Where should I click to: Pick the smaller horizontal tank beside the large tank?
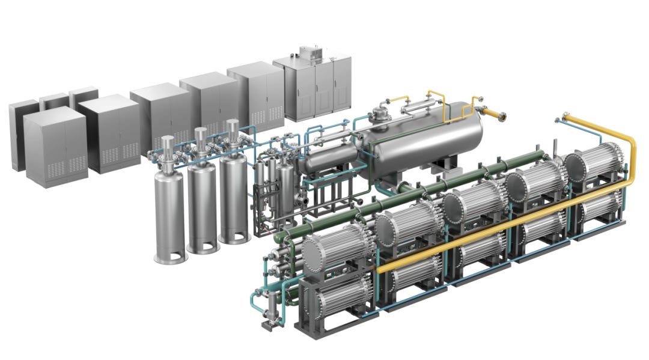[x=328, y=159]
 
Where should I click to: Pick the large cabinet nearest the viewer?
[x=55, y=147]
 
